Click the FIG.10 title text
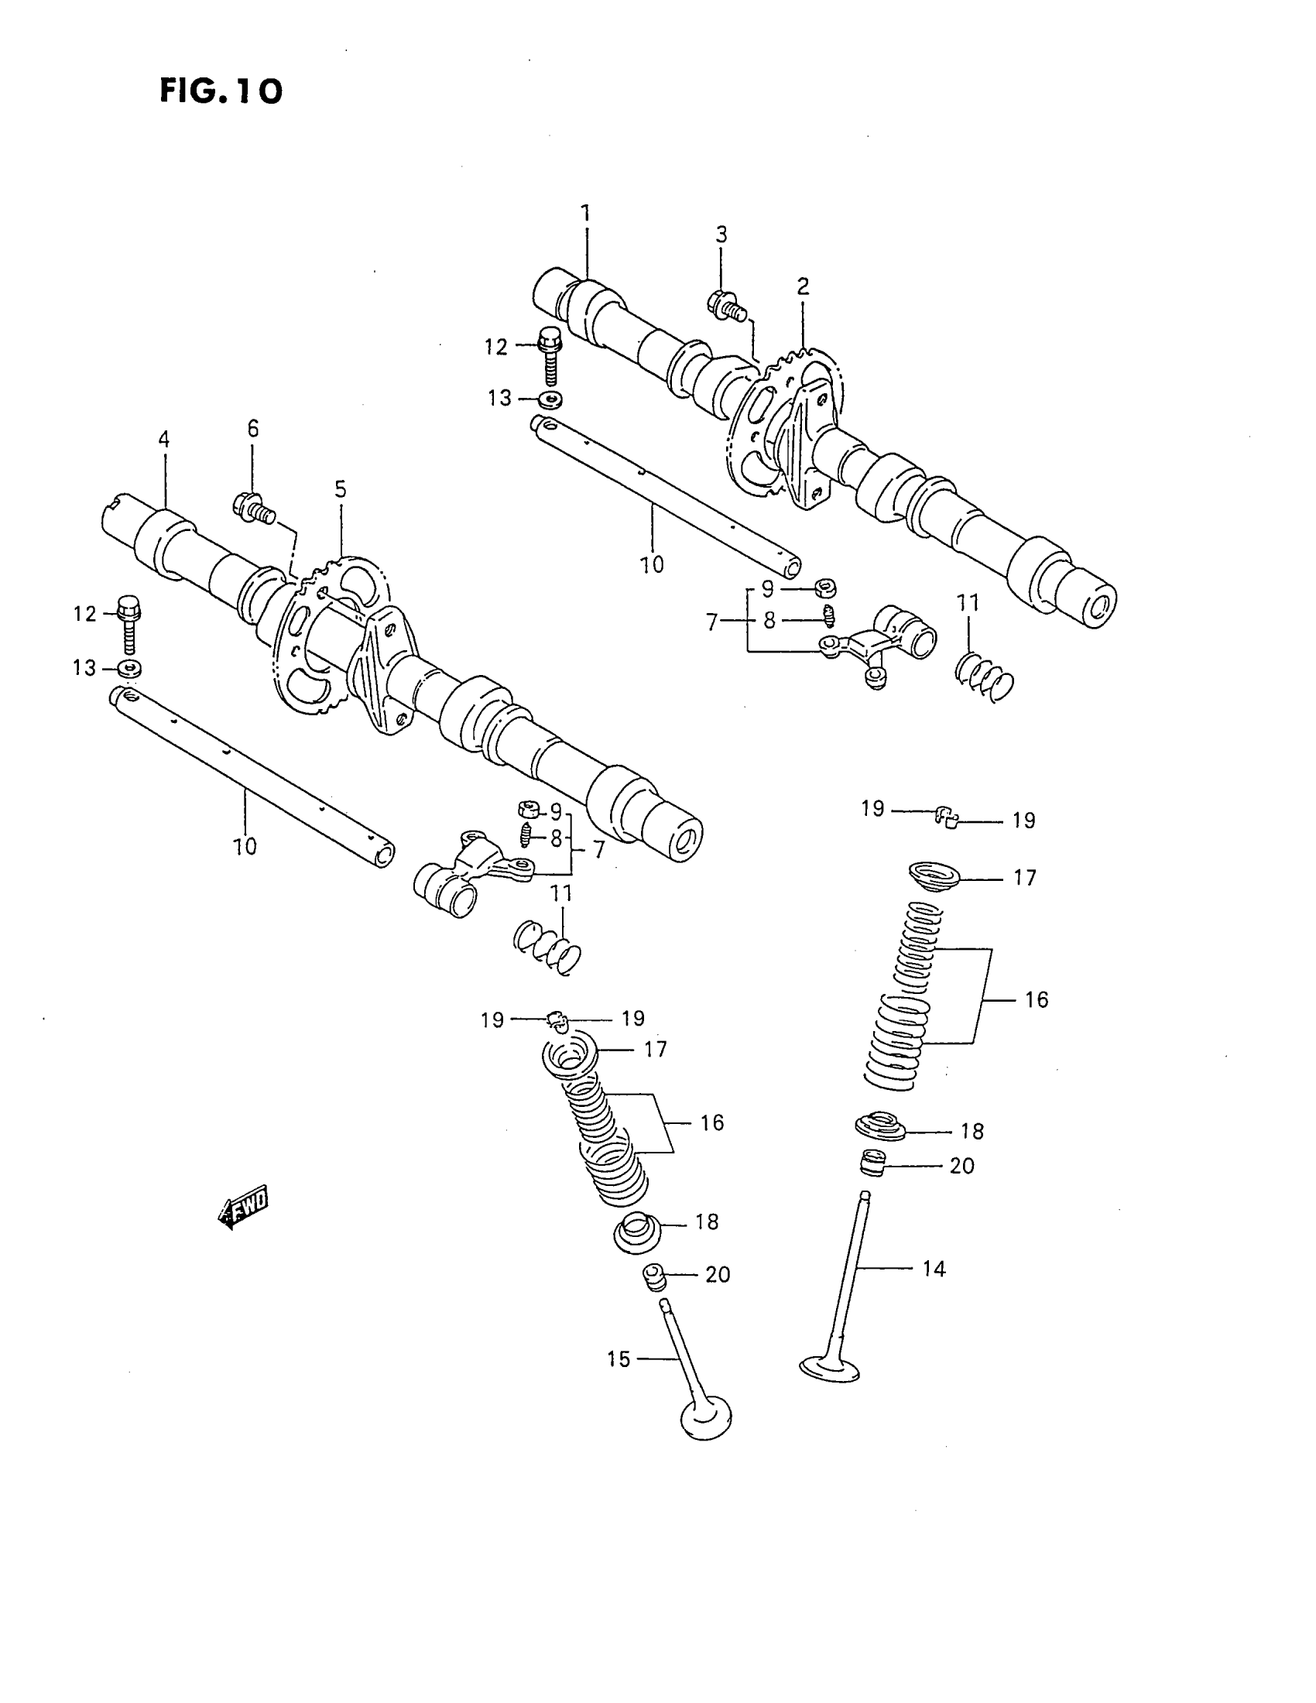pos(221,92)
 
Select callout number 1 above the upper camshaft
pos(584,213)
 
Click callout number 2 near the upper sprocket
pos(803,286)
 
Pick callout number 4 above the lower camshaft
pos(163,439)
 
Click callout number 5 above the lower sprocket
pos(341,489)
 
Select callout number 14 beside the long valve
pos(934,1269)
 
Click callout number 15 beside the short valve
pos(619,1359)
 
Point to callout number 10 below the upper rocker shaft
pos(652,564)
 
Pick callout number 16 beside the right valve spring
pos(1036,999)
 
